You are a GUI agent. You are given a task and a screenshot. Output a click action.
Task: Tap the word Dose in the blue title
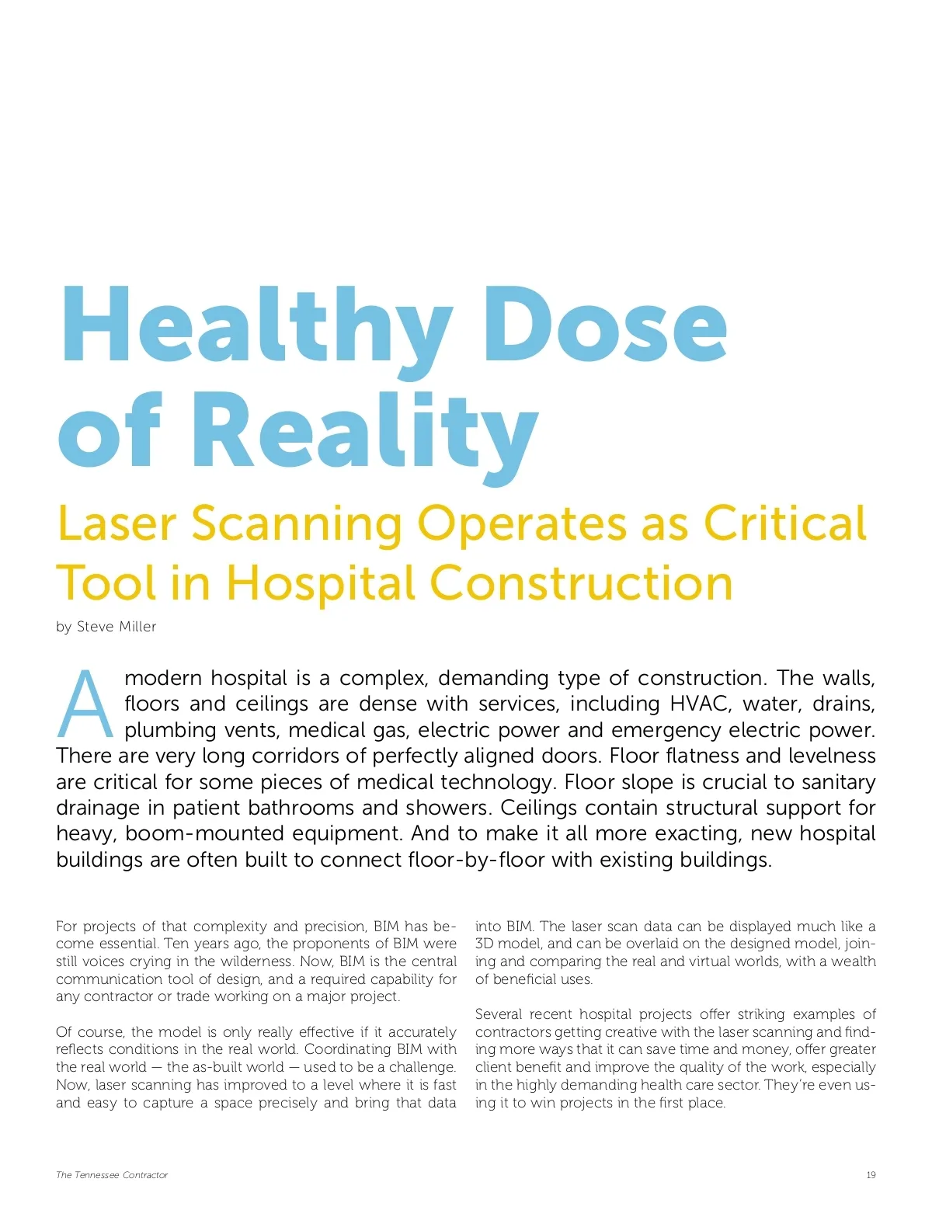606,326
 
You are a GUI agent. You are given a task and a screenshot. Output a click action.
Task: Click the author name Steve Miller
116,627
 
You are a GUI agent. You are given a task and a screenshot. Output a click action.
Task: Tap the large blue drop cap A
85,704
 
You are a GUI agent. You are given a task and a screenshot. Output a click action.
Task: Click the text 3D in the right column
484,944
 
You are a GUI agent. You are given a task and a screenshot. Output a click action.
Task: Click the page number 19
871,1175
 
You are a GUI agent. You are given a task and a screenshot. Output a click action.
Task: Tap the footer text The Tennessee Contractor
112,1175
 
